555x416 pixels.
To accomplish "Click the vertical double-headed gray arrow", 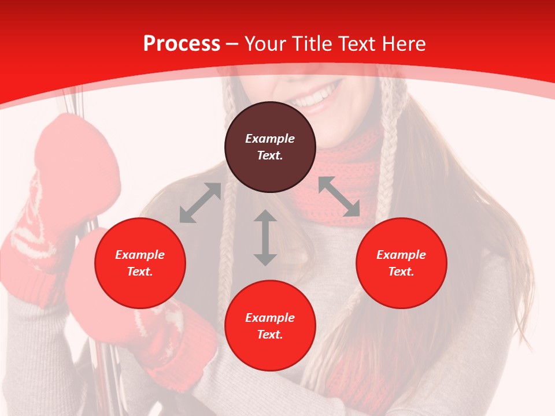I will point(265,238).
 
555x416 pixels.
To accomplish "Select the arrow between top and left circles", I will point(201,203).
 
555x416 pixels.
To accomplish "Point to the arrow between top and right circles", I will point(339,196).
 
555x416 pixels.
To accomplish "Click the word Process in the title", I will point(182,43).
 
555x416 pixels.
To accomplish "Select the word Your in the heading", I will point(265,44).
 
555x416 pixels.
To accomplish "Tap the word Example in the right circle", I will point(401,255).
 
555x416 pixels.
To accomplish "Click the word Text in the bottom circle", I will point(270,335).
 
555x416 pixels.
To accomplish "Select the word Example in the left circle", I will point(140,255).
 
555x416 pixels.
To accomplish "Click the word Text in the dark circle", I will point(270,155).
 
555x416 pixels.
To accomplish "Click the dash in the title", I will point(232,44).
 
